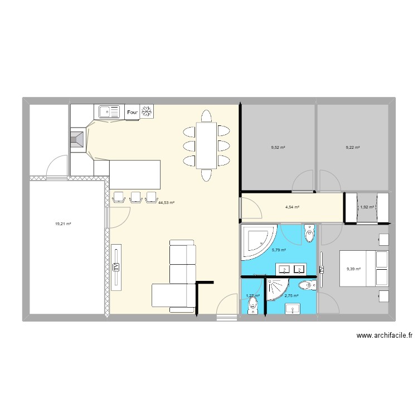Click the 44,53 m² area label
tap(167, 203)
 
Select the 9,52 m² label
tap(278, 148)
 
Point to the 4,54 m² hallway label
tap(293, 207)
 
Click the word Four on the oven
tap(132, 112)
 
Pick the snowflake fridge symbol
tap(147, 111)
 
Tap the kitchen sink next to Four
tap(110, 111)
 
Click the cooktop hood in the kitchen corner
tap(78, 140)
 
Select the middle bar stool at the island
tap(135, 196)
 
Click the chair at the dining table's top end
tap(206, 116)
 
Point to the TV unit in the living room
tap(116, 267)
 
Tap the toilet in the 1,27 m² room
tap(254, 305)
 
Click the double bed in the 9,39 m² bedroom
tap(363, 268)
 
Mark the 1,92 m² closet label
tap(367, 207)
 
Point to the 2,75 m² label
tap(291, 295)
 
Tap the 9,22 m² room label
tap(352, 148)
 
